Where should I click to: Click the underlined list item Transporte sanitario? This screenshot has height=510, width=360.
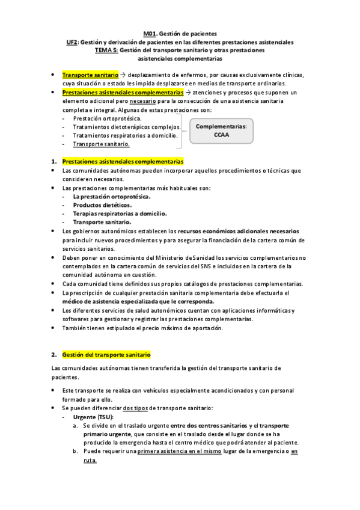coord(101,144)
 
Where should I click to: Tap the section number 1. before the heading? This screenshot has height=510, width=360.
coord(54,162)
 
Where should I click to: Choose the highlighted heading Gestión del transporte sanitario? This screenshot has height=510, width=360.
coord(106,355)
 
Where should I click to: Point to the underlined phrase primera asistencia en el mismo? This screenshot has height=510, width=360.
coord(182,451)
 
